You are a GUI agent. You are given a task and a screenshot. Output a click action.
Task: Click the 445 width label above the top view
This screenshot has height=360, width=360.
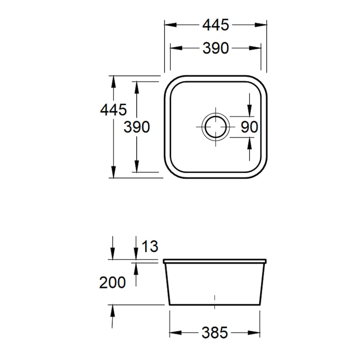[216, 26]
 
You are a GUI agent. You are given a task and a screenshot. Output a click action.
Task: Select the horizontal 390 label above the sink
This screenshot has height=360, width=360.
[216, 48]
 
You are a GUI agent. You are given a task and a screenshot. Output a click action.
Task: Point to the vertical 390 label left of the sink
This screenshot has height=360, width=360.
[136, 127]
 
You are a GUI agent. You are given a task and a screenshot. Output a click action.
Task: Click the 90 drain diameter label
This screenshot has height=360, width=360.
[249, 127]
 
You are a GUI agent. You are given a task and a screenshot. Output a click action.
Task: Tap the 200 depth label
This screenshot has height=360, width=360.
[112, 282]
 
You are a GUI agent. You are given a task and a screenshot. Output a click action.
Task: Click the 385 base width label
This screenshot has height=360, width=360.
[215, 333]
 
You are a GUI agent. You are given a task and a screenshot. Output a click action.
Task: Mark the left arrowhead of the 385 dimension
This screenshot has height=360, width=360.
[174, 333]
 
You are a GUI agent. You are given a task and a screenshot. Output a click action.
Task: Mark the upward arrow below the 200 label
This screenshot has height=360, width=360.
[112, 310]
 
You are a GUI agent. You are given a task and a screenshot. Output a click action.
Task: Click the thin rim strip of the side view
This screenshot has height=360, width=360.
[215, 261]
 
